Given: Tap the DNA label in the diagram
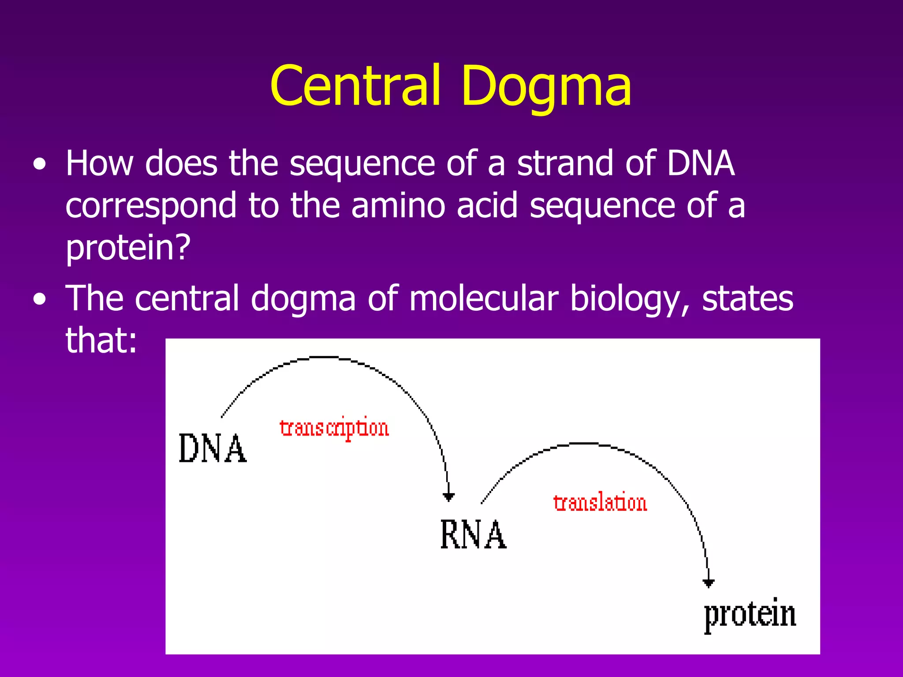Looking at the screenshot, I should click(x=213, y=448).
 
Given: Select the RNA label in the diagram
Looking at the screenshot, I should click(x=473, y=535).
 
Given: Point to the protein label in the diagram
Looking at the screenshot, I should click(x=750, y=614).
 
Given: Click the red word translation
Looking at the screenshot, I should click(x=600, y=503).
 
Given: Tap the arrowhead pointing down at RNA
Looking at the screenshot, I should click(x=448, y=497).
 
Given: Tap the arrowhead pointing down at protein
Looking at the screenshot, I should click(x=708, y=584).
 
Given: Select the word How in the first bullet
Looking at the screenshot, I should click(x=99, y=164).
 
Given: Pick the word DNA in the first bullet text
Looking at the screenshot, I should click(x=700, y=164).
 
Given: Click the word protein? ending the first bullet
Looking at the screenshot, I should click(x=128, y=247).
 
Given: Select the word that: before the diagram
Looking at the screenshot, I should click(x=101, y=340).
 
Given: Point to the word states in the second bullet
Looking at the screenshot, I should click(x=747, y=299).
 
